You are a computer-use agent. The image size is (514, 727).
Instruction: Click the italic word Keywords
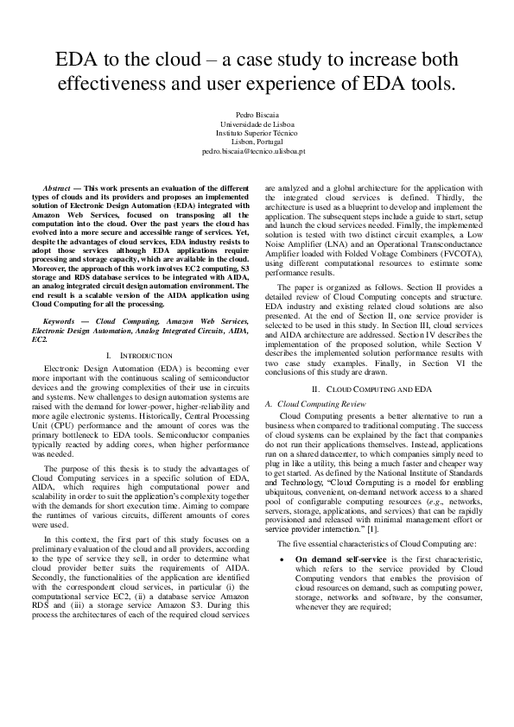[62, 320]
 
